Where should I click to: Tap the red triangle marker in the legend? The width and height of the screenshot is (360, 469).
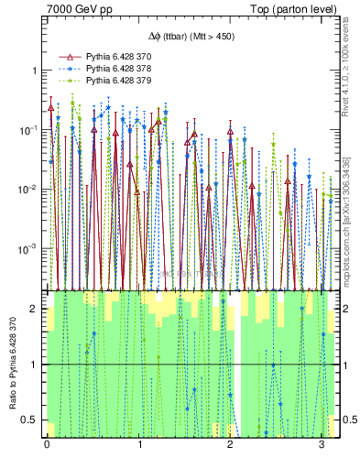coord(67,57)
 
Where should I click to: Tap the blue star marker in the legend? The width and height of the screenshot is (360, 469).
coord(67,69)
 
